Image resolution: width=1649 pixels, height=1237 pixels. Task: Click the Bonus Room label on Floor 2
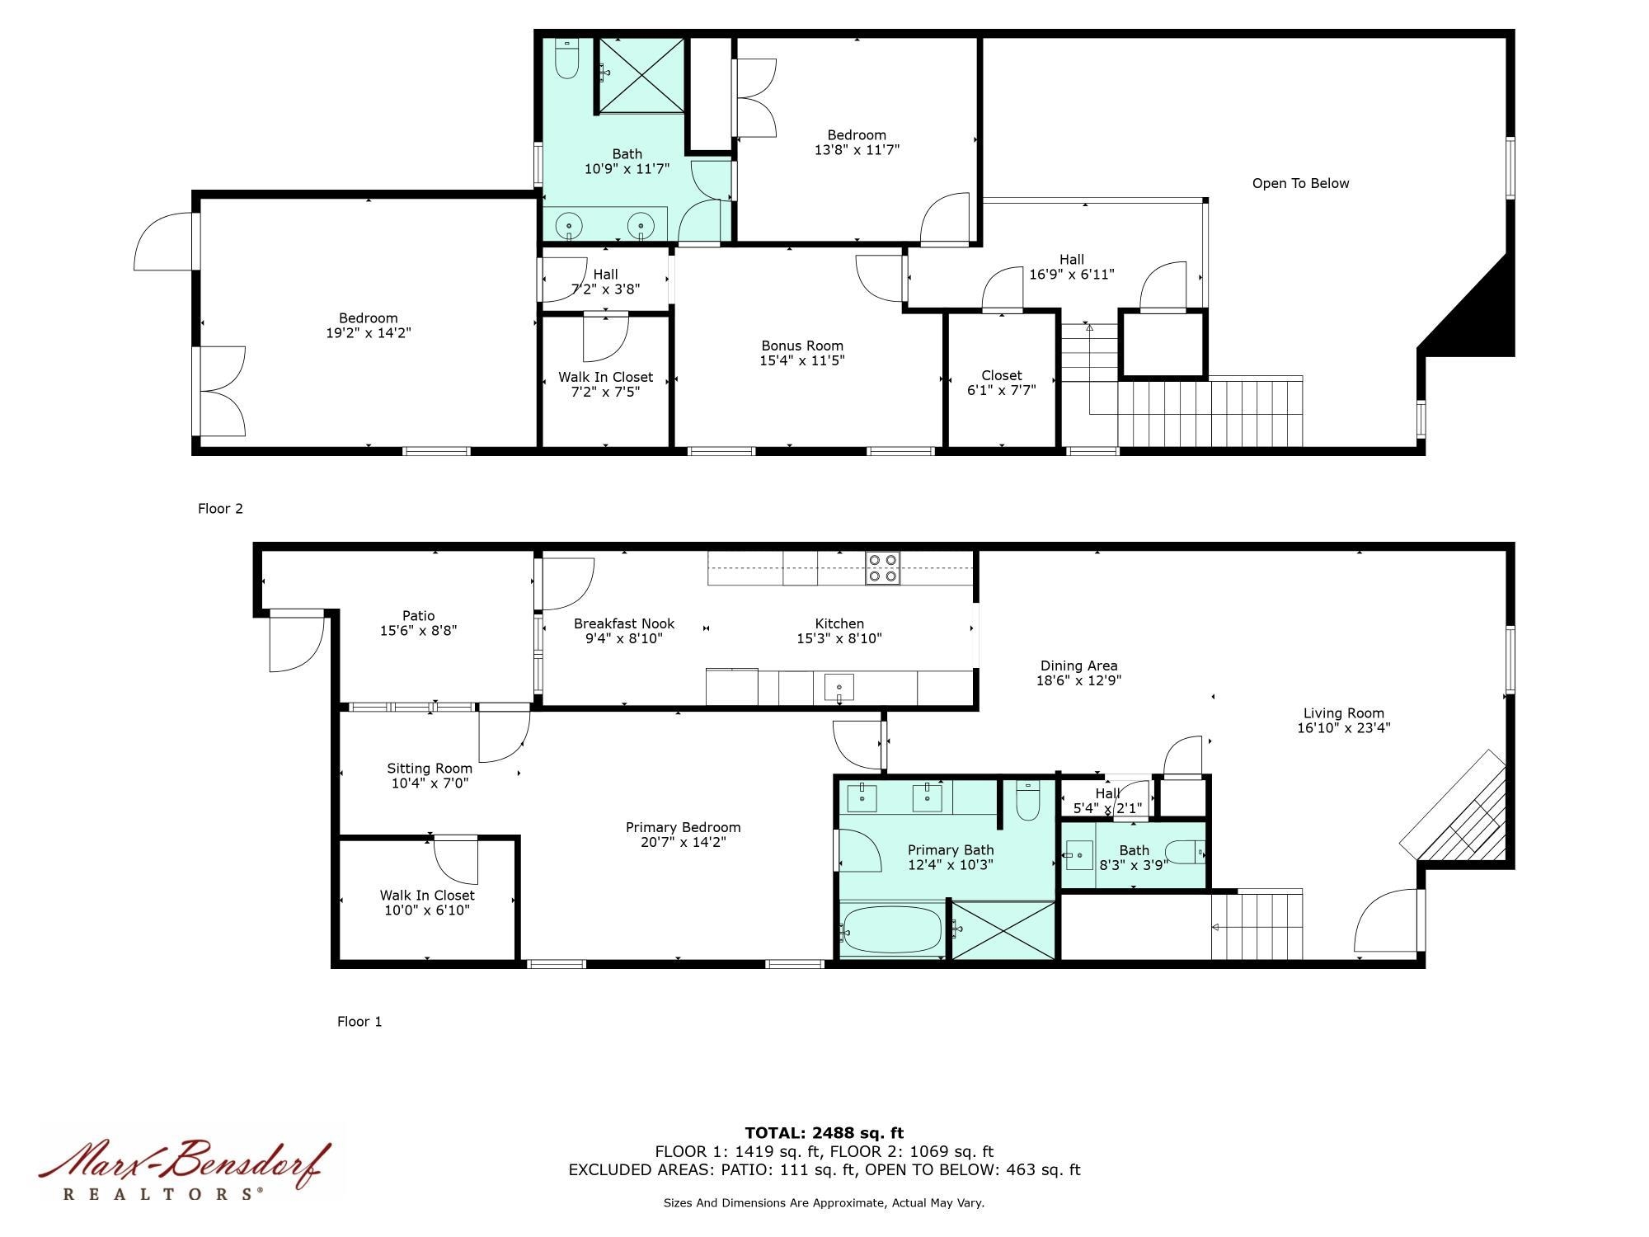[x=801, y=346]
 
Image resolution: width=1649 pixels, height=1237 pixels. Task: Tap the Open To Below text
[x=1300, y=183]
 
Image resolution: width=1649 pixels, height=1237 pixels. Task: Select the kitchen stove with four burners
[x=882, y=569]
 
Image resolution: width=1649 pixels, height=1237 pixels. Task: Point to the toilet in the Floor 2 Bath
[x=566, y=59]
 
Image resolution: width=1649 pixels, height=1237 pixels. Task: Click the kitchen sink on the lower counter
[x=839, y=687]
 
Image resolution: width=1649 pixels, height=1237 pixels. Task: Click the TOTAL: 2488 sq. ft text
[x=824, y=1132]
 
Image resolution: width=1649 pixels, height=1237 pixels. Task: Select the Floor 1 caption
[x=359, y=1021]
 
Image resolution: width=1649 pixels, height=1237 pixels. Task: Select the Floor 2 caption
[x=220, y=508]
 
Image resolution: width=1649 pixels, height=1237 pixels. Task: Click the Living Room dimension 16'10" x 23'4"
[x=1343, y=727]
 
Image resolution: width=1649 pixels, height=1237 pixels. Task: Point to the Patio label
[x=418, y=615]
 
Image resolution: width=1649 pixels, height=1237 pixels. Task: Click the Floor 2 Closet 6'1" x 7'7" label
[x=1001, y=383]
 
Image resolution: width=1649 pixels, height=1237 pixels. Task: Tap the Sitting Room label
[x=430, y=768]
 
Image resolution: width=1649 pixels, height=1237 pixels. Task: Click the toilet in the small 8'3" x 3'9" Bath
[x=1187, y=852]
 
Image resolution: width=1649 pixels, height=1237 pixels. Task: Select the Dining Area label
[x=1078, y=666]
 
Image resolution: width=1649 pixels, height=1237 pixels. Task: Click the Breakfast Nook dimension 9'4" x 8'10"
[x=624, y=638]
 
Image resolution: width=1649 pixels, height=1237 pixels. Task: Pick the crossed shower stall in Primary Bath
[x=1003, y=930]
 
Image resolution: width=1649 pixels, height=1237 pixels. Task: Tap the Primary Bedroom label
[x=683, y=827]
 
